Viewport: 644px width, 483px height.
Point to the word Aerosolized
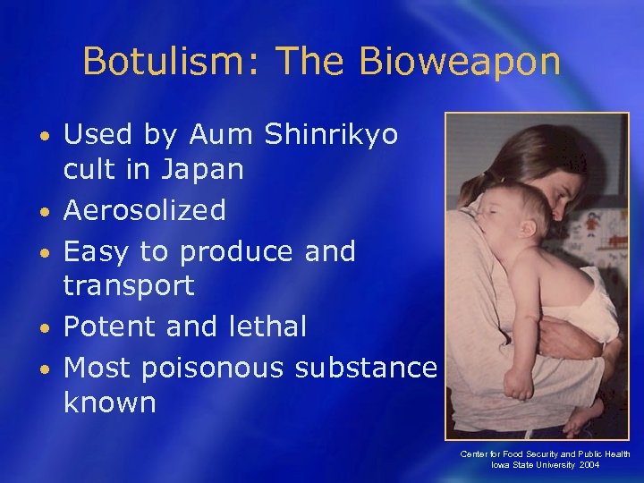(x=145, y=210)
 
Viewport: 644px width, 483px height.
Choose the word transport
(x=129, y=285)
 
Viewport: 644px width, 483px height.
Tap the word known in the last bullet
(x=110, y=402)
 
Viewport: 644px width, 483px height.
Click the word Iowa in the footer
(x=501, y=465)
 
